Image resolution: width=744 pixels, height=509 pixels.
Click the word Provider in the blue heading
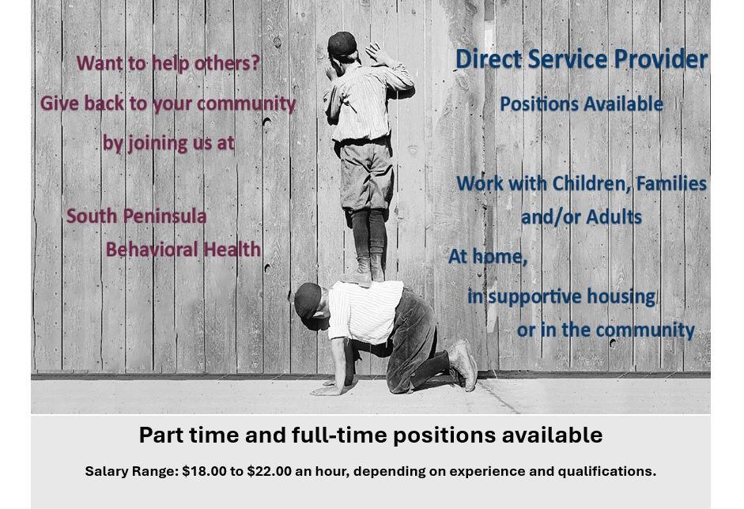[660, 59]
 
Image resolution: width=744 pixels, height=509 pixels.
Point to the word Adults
[614, 217]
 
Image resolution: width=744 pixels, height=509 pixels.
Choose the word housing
[621, 297]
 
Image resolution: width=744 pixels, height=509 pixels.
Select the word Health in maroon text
[232, 250]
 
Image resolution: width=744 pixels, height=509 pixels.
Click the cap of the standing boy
[342, 44]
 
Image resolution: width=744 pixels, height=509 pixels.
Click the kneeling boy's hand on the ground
[327, 390]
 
